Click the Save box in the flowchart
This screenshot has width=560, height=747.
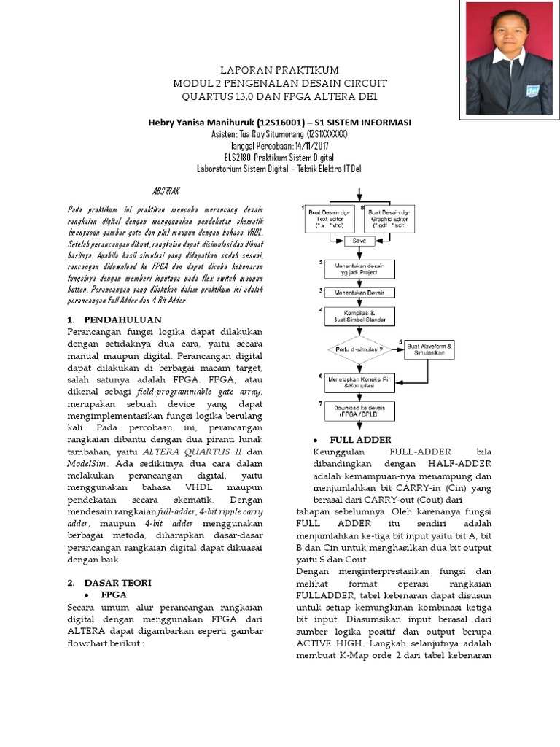point(359,239)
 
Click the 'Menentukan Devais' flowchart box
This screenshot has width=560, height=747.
point(359,293)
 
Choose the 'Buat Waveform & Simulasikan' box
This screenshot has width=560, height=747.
point(429,348)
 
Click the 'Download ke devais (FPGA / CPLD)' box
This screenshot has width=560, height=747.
point(359,410)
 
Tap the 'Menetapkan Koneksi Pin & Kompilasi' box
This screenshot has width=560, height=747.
point(359,382)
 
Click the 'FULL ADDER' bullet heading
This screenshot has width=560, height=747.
point(360,440)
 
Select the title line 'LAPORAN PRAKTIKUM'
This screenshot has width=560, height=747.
point(280,70)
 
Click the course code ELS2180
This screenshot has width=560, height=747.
point(241,157)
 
